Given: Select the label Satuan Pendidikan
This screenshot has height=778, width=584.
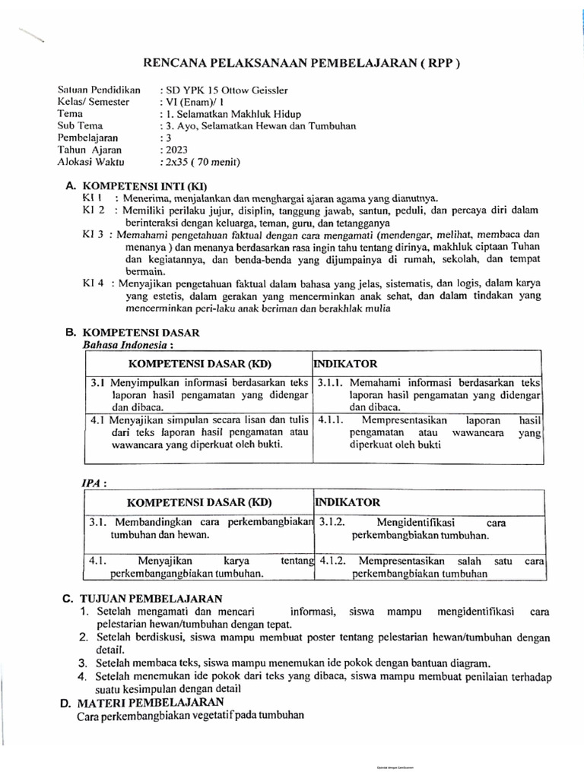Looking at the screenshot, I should (x=99, y=90).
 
